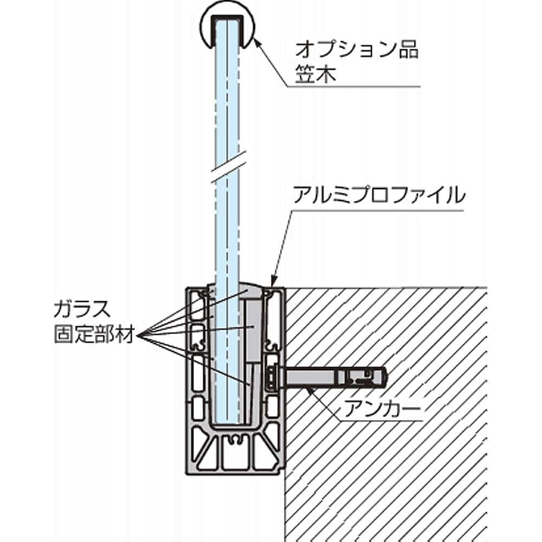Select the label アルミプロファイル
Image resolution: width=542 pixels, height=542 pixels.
point(378,195)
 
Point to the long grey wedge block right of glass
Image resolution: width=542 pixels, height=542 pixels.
point(253,331)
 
